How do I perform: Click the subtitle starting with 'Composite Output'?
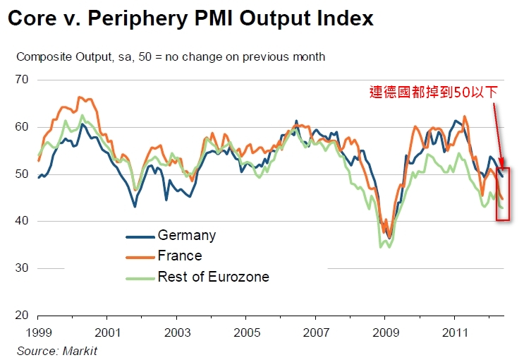[x=171, y=56]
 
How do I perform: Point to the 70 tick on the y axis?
[x=22, y=80]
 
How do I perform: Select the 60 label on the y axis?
[x=22, y=127]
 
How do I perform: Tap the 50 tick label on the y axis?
[x=22, y=174]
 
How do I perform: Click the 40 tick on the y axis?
[x=22, y=221]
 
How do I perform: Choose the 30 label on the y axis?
[x=22, y=268]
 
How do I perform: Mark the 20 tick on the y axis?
[x=22, y=316]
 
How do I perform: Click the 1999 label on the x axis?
[x=37, y=332]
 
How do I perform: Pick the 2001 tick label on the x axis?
[x=107, y=332]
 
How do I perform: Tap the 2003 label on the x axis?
[x=177, y=332]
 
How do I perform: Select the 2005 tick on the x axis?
[x=246, y=332]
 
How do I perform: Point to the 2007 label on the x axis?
[x=316, y=332]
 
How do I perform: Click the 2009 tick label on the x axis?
[x=385, y=332]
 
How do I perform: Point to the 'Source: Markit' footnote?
[x=58, y=350]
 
